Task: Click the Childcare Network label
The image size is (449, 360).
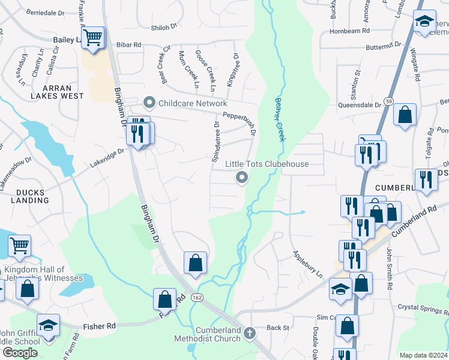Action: [x=193, y=103]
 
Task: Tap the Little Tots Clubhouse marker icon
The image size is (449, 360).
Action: [x=242, y=177]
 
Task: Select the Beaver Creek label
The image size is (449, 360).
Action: [x=279, y=120]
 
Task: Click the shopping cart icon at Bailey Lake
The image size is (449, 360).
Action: [x=93, y=38]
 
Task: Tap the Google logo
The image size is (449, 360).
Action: [x=20, y=352]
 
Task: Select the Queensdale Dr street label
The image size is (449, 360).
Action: [x=361, y=104]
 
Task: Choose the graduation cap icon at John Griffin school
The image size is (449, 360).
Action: [x=48, y=325]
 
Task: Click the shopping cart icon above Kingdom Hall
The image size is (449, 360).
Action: [x=19, y=245]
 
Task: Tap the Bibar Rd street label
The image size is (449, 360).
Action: [x=128, y=45]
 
